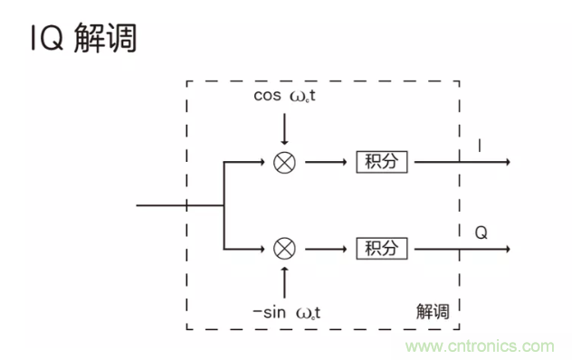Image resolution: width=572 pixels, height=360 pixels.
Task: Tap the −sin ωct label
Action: pyautogui.click(x=287, y=312)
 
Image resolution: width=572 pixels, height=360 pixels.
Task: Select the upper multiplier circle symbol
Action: pyautogui.click(x=284, y=163)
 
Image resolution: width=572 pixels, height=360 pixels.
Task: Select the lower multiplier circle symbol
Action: pyautogui.click(x=284, y=247)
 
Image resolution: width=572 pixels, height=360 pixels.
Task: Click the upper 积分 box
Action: pyautogui.click(x=382, y=163)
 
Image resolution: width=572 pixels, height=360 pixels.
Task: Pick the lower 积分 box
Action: pyautogui.click(x=382, y=247)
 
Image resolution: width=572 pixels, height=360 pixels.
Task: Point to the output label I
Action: pyautogui.click(x=480, y=145)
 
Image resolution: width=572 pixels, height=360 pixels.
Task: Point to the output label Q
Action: pyautogui.click(x=481, y=232)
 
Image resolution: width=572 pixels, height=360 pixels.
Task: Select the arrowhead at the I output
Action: pyautogui.click(x=508, y=163)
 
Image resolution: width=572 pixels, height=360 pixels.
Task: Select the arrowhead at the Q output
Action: pyautogui.click(x=508, y=247)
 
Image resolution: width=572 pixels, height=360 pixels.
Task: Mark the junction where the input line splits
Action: pyautogui.click(x=224, y=205)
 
